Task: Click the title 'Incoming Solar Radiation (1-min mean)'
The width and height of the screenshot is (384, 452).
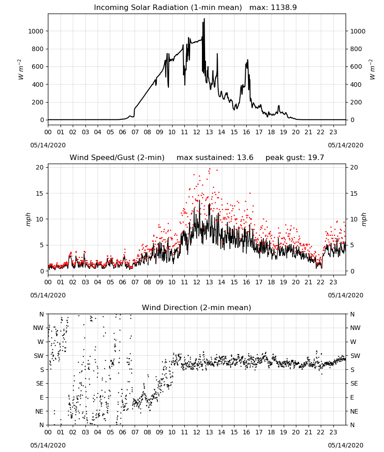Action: click(168, 8)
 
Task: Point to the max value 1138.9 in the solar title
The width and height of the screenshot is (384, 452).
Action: click(284, 8)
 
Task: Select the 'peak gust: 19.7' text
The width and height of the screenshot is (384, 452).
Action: click(295, 158)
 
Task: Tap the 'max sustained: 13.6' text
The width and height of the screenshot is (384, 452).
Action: click(215, 158)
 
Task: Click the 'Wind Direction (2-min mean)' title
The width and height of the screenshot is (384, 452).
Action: click(197, 307)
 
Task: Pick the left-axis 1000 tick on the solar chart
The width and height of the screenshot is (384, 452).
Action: click(36, 31)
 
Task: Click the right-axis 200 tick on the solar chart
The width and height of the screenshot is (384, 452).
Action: click(356, 102)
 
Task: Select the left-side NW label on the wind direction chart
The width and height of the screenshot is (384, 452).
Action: click(38, 328)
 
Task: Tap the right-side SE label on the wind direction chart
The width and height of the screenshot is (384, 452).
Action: click(354, 384)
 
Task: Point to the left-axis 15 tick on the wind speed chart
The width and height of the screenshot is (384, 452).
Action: click(40, 193)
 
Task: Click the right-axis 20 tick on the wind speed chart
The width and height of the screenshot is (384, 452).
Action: click(354, 168)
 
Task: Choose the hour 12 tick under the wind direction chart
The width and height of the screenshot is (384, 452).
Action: click(197, 432)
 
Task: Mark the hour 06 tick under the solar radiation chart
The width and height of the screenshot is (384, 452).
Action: click(122, 132)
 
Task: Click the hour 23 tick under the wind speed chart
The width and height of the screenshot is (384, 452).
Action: click(333, 282)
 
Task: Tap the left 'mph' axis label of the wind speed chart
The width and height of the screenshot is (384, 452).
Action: click(28, 219)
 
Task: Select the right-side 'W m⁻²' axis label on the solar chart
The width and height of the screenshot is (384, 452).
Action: click(372, 70)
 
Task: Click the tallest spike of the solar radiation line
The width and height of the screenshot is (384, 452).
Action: click(204, 19)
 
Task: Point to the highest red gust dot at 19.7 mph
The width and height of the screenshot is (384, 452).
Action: click(210, 169)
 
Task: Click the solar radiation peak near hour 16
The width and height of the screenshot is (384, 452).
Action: click(248, 60)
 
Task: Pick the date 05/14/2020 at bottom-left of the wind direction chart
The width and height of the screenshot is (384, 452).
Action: click(48, 445)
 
